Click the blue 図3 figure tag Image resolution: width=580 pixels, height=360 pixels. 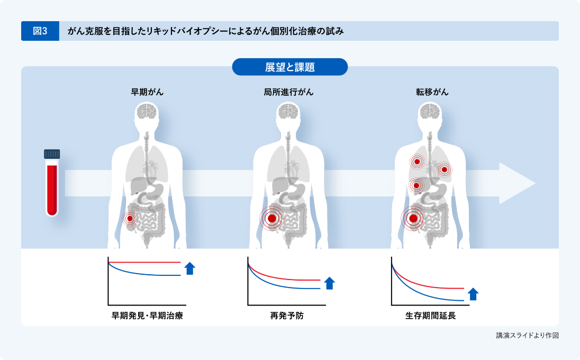tap(40, 31)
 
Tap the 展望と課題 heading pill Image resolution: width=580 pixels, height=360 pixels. tap(289, 67)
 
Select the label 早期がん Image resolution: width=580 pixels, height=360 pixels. tap(147, 92)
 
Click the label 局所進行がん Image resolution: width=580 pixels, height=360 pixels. tap(288, 92)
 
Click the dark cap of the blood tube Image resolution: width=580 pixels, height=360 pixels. tap(52, 154)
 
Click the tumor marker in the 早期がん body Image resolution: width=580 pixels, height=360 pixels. tap(130, 218)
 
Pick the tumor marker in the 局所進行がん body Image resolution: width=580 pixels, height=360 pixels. tap(272, 218)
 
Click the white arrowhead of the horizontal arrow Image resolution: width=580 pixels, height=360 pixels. tap(516, 183)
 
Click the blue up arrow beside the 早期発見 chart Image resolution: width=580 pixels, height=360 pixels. tap(190, 268)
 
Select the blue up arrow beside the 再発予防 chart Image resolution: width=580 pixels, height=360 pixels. tap(329, 283)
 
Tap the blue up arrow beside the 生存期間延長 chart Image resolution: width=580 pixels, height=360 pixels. tap(473, 294)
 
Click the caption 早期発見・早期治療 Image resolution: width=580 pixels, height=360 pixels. tap(147, 316)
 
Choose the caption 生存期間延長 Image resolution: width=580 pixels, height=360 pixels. tap(430, 316)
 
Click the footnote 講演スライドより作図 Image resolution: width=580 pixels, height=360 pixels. tap(527, 335)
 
